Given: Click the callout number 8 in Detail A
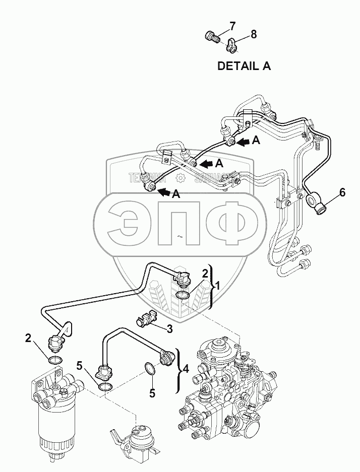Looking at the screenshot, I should pos(253,34).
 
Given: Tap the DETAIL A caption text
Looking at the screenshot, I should pos(244,65).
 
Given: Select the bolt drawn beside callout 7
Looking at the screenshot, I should pos(212,37).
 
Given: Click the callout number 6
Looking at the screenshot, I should pos(342,192).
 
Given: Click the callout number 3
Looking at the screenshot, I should pos(170,329).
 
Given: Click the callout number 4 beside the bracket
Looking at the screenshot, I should pos(186,368).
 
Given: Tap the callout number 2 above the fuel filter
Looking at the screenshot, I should pos(28,338).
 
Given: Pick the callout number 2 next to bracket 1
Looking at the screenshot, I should pos(205,274).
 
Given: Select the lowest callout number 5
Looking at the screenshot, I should pos(151,392).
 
